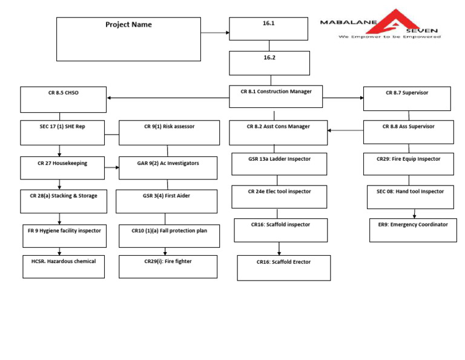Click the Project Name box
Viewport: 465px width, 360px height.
pyautogui.click(x=128, y=39)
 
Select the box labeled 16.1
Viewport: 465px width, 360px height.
pyautogui.click(x=269, y=29)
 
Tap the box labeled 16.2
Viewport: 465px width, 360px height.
pyautogui.click(x=269, y=63)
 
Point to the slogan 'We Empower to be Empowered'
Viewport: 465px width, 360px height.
pyautogui.click(x=389, y=37)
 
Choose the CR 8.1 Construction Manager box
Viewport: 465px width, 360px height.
pyautogui.click(x=275, y=96)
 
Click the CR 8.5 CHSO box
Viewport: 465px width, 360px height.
pyautogui.click(x=63, y=99)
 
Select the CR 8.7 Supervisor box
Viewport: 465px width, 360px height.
pyautogui.click(x=407, y=98)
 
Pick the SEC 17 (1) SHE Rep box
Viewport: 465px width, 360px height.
pyautogui.click(x=62, y=133)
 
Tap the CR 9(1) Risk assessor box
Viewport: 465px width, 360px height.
pyautogui.click(x=169, y=133)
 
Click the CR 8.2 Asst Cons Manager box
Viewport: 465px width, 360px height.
pyautogui.click(x=278, y=133)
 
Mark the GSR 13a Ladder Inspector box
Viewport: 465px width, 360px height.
pyautogui.click(x=279, y=164)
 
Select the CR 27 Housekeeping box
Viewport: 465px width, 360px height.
pyautogui.click(x=62, y=168)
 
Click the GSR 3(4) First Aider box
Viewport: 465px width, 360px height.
pyautogui.click(x=167, y=201)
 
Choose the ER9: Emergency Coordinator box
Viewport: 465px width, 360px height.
pyautogui.click(x=413, y=230)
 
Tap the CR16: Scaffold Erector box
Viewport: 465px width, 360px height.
pyautogui.click(x=283, y=268)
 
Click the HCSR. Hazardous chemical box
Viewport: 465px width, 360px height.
pyautogui.click(x=63, y=266)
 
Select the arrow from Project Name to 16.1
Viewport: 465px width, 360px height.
pyautogui.click(x=215, y=32)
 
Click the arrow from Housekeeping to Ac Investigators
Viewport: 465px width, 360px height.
pyautogui.click(x=112, y=167)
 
